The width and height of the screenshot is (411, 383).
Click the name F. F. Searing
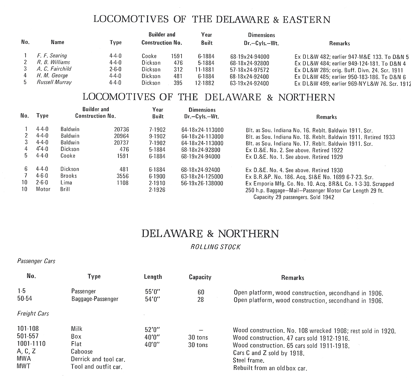[52, 55]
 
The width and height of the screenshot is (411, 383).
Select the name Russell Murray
[54, 82]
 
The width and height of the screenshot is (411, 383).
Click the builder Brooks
[69, 176]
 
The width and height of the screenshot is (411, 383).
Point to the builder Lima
[66, 183]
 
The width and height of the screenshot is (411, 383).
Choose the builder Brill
[65, 189]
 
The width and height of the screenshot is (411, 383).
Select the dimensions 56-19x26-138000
[202, 183]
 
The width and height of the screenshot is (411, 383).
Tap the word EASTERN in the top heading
[306, 20]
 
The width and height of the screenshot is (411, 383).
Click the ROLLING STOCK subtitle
[216, 247]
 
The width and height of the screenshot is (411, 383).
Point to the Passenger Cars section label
[36, 261]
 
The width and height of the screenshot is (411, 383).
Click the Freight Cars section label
[33, 314]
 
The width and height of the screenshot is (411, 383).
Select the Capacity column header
[200, 277]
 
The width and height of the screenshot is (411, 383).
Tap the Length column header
[153, 277]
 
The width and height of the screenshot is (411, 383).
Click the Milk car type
[77, 329]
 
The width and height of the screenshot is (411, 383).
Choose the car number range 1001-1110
[31, 344]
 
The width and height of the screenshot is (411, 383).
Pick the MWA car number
[24, 359]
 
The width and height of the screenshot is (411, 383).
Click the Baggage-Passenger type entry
[95, 299]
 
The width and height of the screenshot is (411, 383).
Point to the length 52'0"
[153, 330]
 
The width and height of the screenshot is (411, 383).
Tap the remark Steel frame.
[249, 361]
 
